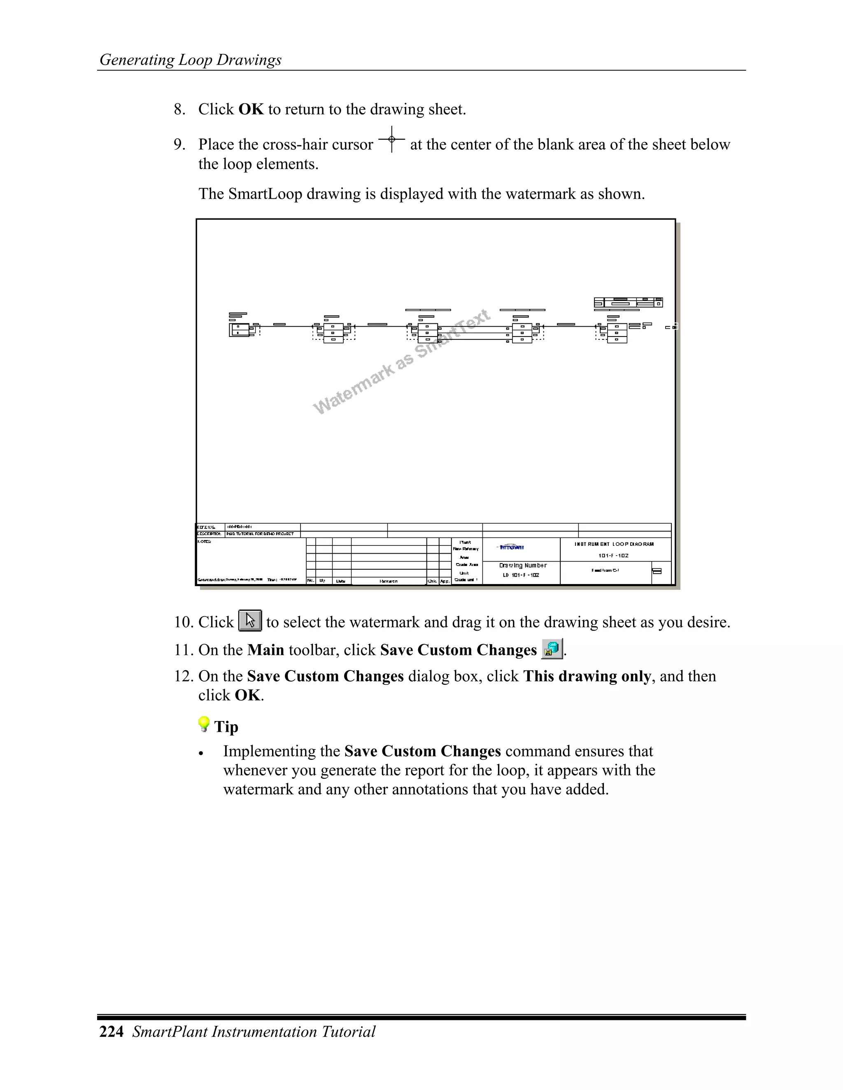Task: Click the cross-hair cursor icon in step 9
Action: (391, 139)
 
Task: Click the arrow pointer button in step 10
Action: (250, 620)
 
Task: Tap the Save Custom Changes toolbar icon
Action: (551, 649)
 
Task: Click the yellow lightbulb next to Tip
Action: (204, 724)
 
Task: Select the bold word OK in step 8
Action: (251, 109)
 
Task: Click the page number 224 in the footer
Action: (112, 1032)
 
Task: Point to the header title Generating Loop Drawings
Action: (190, 60)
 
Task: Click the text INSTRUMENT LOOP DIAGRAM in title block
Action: (614, 544)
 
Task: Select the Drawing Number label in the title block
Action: (522, 566)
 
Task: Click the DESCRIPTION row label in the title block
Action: (209, 534)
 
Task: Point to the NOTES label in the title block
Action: (204, 542)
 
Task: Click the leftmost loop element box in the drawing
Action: (239, 330)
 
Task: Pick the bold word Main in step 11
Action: (265, 650)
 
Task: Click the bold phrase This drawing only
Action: (587, 676)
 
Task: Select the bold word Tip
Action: (226, 727)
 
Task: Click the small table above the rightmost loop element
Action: (628, 302)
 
